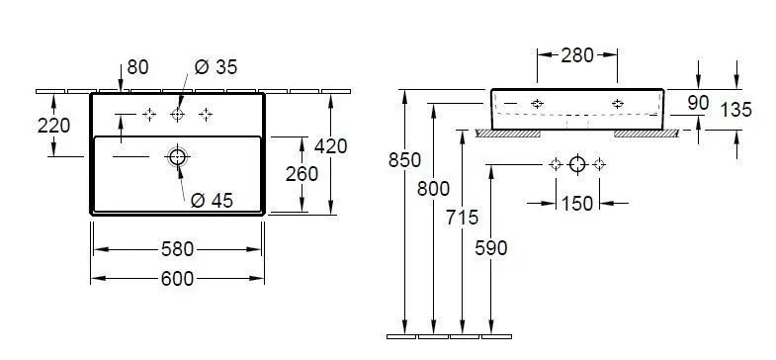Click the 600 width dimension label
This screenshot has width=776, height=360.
coord(177,279)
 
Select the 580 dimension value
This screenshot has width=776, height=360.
coord(177,249)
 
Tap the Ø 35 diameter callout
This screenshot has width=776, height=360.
coord(216,67)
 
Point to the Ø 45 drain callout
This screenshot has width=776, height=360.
coord(212,200)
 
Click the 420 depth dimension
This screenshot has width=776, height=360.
coord(331,146)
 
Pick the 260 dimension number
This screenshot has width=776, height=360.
coord(302,174)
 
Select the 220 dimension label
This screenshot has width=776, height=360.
coord(53,126)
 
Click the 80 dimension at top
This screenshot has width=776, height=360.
coord(137,67)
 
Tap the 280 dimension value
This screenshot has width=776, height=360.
coord(577,55)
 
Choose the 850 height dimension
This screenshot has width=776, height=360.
coord(405,160)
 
